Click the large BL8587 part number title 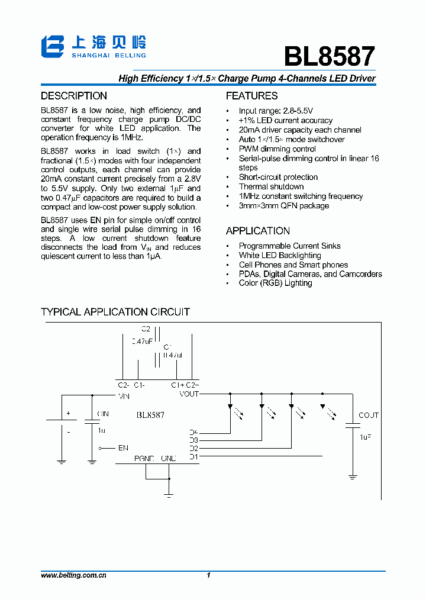329,56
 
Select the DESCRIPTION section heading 74,96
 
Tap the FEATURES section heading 251,96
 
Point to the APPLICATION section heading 258,231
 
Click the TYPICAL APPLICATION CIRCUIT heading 115,312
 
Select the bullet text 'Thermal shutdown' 271,186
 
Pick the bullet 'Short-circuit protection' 278,177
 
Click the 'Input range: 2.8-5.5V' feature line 276,111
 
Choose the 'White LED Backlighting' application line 280,255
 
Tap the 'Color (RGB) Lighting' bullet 275,283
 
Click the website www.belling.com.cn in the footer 73,575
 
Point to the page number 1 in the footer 209,575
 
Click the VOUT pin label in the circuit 189,394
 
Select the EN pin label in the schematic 123,448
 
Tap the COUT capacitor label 368,416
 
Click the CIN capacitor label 103,414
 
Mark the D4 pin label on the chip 193,432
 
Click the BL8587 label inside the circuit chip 150,416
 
